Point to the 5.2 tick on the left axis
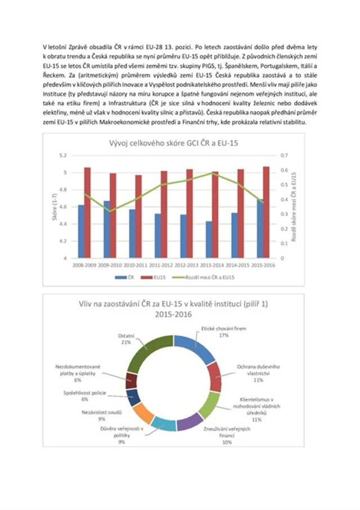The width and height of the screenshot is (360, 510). coord(62,155)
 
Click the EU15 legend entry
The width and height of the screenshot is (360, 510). coord(159,278)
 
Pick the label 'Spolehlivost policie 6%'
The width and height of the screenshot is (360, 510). coord(85,395)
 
